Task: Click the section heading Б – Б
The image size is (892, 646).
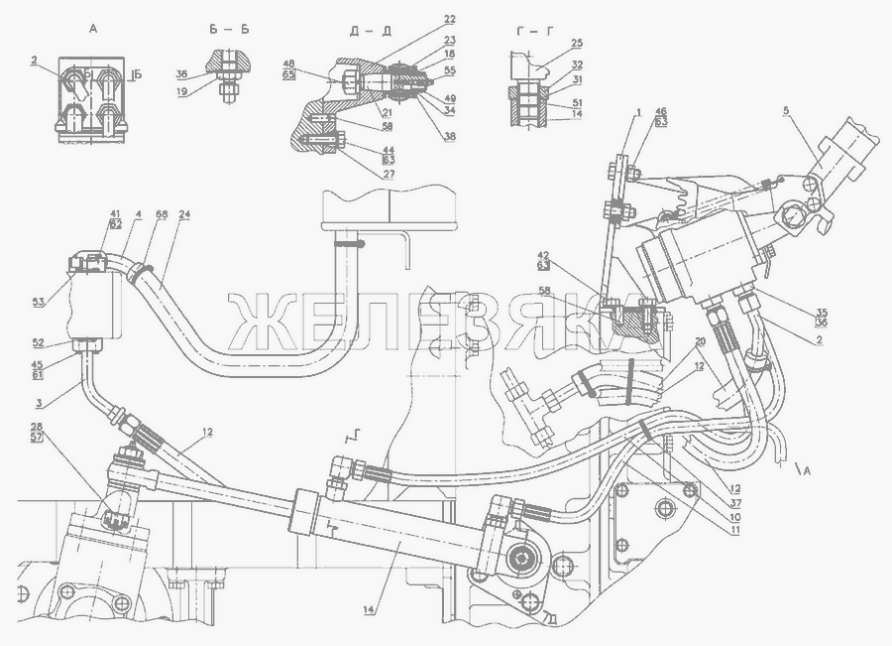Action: [x=229, y=29]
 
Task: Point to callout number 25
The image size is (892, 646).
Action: [x=576, y=44]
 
